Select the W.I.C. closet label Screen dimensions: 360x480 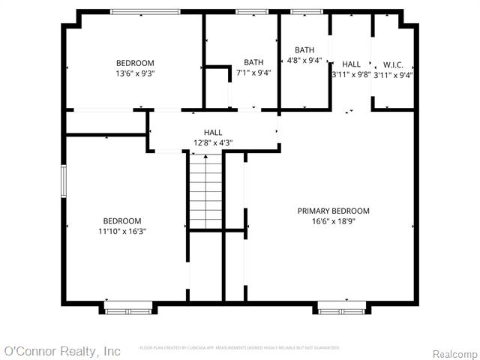pyautogui.click(x=393, y=64)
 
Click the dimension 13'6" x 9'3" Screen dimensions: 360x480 pyautogui.click(x=135, y=73)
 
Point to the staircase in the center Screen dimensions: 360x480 pyautogui.click(x=205, y=191)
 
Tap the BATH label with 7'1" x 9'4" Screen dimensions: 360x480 pyautogui.click(x=253, y=62)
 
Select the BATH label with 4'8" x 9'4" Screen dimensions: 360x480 pyautogui.click(x=304, y=49)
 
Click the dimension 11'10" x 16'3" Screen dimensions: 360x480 pyautogui.click(x=122, y=232)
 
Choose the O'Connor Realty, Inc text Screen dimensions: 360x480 pyautogui.click(x=62, y=351)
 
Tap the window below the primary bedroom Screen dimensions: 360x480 pyautogui.click(x=341, y=307)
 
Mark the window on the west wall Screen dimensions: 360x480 pyautogui.click(x=64, y=181)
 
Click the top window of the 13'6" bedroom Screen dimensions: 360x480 pyautogui.click(x=145, y=11)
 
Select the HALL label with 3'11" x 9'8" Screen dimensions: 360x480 pyautogui.click(x=351, y=64)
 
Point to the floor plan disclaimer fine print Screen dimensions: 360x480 pyautogui.click(x=240, y=348)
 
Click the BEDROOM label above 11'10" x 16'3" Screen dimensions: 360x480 pyautogui.click(x=122, y=220)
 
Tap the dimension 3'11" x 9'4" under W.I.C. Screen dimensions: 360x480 pyautogui.click(x=393, y=74)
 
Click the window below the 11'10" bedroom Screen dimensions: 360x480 pyautogui.click(x=127, y=307)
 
